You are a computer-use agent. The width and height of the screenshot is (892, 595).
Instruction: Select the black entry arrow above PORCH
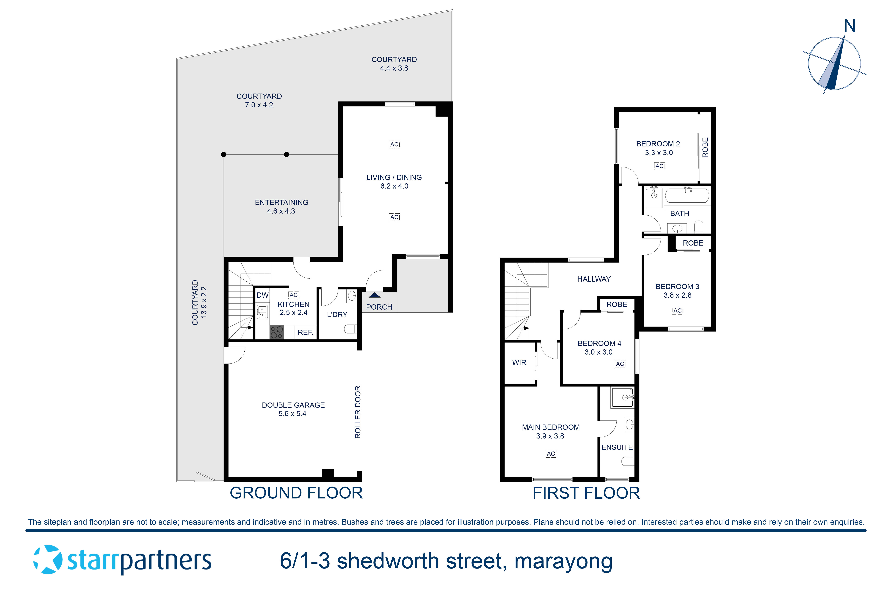click(x=374, y=295)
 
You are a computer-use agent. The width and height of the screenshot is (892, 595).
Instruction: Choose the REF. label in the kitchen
click(x=305, y=332)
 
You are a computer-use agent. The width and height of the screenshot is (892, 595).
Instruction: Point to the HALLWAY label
click(x=593, y=279)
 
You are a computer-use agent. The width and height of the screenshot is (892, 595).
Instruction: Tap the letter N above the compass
click(x=849, y=26)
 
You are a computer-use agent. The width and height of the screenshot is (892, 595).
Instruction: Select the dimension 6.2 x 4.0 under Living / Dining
click(x=394, y=186)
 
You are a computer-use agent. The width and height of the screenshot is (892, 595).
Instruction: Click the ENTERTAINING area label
click(x=281, y=202)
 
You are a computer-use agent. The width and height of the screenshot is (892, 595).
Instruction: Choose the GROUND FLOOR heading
click(x=296, y=493)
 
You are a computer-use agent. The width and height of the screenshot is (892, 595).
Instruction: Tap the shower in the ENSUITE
click(x=622, y=397)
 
